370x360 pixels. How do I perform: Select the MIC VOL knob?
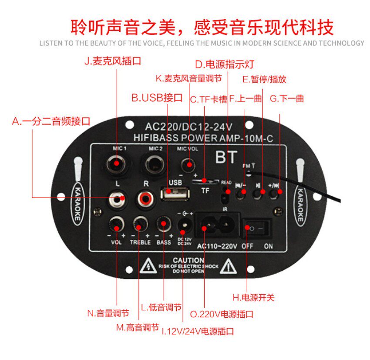tap(188, 165)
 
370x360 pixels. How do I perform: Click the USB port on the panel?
tap(174, 193)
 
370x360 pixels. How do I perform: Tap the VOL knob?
tap(117, 225)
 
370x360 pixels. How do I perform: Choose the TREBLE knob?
tap(140, 225)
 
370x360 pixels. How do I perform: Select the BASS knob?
tap(163, 225)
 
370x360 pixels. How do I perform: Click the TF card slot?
tap(205, 180)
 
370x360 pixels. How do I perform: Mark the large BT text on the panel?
tap(226, 157)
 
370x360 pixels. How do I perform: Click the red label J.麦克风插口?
tap(112, 61)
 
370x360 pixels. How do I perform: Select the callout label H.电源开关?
tap(253, 298)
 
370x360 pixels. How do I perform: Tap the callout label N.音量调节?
tap(108, 313)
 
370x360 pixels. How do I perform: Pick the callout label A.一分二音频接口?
tap(51, 122)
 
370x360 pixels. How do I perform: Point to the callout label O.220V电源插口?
tap(222, 314)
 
